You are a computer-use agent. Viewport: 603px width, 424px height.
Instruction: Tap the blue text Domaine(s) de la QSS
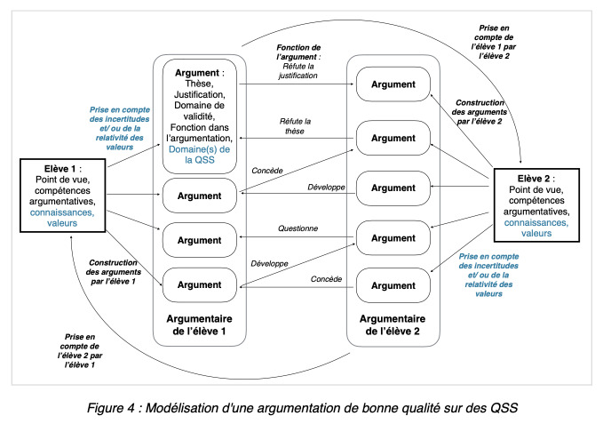point(199,155)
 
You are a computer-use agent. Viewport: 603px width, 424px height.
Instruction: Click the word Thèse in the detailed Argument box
point(199,84)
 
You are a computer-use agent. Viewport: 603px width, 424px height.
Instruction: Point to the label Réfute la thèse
point(295,126)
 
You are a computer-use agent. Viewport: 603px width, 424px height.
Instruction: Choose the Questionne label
point(298,228)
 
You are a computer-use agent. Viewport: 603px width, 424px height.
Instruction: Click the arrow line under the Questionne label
point(296,236)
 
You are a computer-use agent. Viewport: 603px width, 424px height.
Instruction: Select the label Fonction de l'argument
point(298,52)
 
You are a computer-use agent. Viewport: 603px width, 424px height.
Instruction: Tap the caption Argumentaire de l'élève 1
point(199,324)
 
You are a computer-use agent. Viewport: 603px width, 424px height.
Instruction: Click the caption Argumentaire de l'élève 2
point(393,324)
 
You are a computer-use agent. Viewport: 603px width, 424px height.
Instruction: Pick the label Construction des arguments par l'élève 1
point(113,272)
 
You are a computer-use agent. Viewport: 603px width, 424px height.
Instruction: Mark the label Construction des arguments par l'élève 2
point(480,112)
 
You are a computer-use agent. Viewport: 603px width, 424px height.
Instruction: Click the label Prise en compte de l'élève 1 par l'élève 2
point(494,42)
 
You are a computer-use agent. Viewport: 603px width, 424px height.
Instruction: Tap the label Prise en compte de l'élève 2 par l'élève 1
point(80,350)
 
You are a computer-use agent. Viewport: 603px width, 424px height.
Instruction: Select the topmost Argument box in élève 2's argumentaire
point(393,84)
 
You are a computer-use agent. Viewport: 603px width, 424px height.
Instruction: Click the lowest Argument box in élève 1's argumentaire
point(199,284)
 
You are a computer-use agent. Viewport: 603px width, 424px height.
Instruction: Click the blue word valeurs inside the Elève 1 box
point(62,223)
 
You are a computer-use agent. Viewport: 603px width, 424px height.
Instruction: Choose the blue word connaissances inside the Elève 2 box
point(536,223)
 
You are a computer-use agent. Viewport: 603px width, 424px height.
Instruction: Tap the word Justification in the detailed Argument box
point(200,94)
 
